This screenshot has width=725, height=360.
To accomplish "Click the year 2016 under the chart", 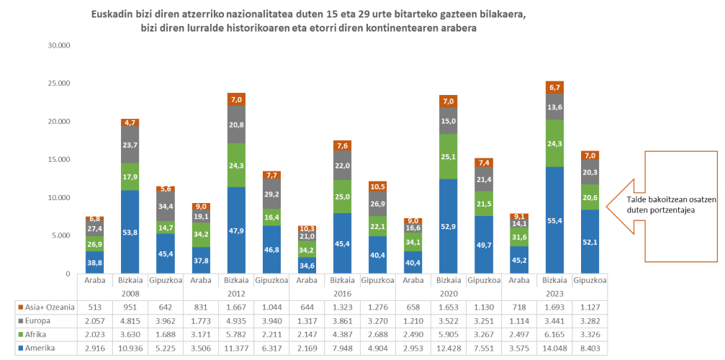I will (342, 294).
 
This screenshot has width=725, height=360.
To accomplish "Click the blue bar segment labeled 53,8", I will (130, 232).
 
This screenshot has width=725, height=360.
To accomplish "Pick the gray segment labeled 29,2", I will (271, 194).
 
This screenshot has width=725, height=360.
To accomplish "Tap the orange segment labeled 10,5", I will (377, 186).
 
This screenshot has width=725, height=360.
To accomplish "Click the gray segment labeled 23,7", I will (130, 145).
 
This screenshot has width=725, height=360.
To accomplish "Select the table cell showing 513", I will (95, 307).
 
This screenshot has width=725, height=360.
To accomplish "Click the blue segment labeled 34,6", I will (307, 266).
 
